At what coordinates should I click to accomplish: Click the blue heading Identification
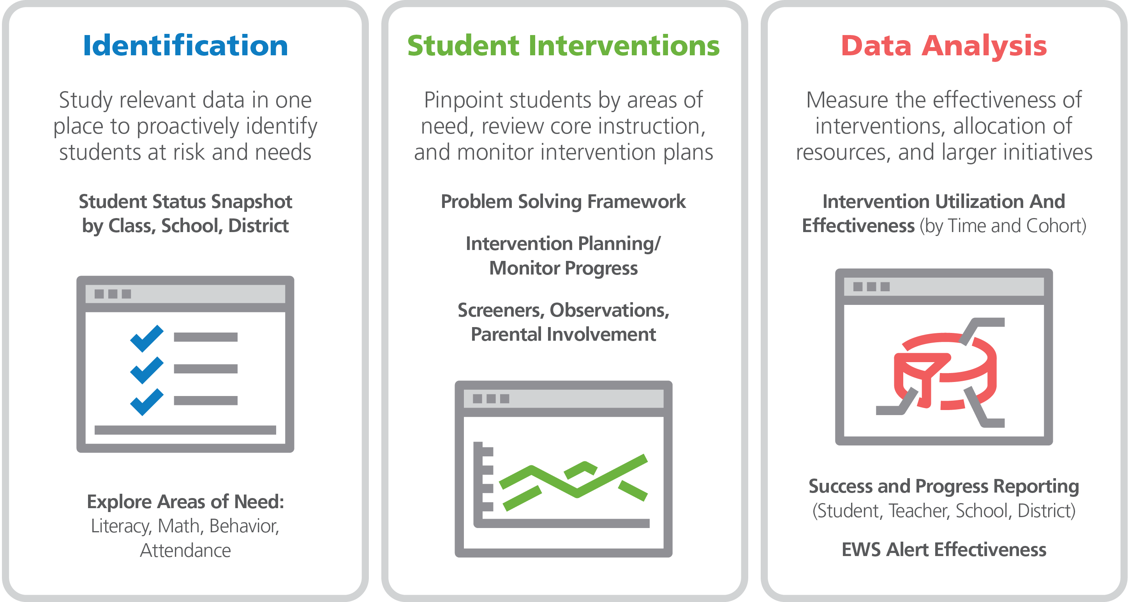pos(185,46)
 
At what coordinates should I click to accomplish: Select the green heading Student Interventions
pos(564,46)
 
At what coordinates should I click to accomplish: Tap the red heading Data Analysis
pos(944,46)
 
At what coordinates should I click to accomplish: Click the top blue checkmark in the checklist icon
pos(147,338)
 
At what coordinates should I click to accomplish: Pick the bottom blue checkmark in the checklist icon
pos(147,402)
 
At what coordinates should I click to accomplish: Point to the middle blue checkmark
pos(147,370)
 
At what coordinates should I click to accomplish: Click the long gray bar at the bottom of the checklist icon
pos(185,430)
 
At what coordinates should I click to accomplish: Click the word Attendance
pos(185,550)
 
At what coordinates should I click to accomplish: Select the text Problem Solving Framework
pos(563,202)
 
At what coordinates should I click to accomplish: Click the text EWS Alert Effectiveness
pos(944,549)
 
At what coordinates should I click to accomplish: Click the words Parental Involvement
pos(563,334)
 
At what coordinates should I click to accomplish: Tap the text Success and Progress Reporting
pos(944,487)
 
